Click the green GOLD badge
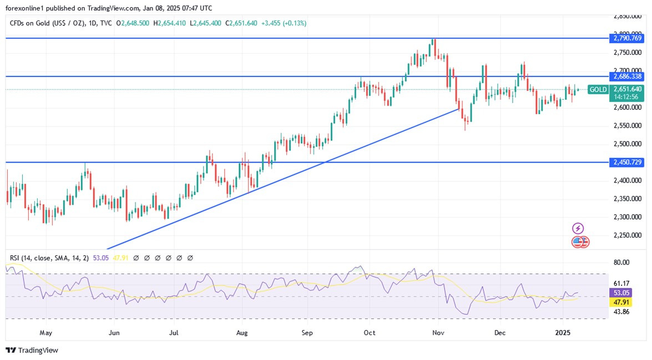[598, 89]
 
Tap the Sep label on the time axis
[307, 333]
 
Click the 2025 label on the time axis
[564, 333]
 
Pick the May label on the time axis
[46, 333]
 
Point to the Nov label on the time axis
[438, 333]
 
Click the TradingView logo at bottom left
[32, 350]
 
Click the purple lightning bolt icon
[578, 228]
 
